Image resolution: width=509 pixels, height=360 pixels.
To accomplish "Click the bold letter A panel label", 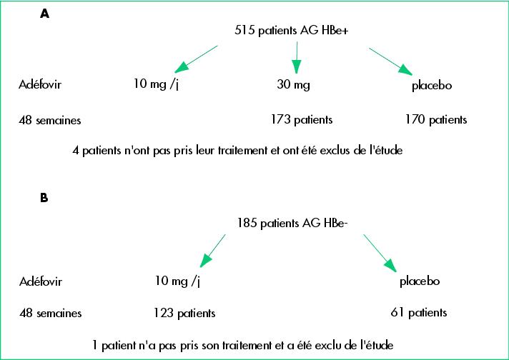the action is (45, 14).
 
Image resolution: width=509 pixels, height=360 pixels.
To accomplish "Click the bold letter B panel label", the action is (44, 198).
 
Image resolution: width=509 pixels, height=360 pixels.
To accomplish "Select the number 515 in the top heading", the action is (244, 30).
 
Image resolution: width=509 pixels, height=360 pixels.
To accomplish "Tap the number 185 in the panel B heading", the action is (247, 223).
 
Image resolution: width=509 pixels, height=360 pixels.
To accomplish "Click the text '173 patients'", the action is (302, 120).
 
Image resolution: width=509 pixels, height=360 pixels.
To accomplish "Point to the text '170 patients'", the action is (436, 120).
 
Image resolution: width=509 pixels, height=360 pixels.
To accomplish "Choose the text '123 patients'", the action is (184, 313).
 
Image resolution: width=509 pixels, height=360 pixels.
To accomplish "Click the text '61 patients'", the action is (419, 312).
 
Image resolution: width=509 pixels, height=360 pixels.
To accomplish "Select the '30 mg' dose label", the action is (293, 85).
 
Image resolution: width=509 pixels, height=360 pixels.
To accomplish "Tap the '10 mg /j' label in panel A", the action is (156, 84).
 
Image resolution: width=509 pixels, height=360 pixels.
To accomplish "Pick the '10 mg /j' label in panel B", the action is (177, 281).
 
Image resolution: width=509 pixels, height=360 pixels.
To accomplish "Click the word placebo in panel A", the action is (432, 85).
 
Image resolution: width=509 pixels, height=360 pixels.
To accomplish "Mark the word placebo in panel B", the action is (420, 281).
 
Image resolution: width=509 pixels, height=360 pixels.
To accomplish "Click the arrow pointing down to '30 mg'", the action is (297, 57).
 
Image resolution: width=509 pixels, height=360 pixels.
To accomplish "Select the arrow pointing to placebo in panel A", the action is (390, 61).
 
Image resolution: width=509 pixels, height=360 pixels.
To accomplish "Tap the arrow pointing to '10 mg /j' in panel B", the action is (212, 251).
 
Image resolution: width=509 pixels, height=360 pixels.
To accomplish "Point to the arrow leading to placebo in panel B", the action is (380, 253).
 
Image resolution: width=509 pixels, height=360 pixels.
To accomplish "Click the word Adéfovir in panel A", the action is (40, 85).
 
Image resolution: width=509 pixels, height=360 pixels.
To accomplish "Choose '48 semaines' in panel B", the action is (51, 313).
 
